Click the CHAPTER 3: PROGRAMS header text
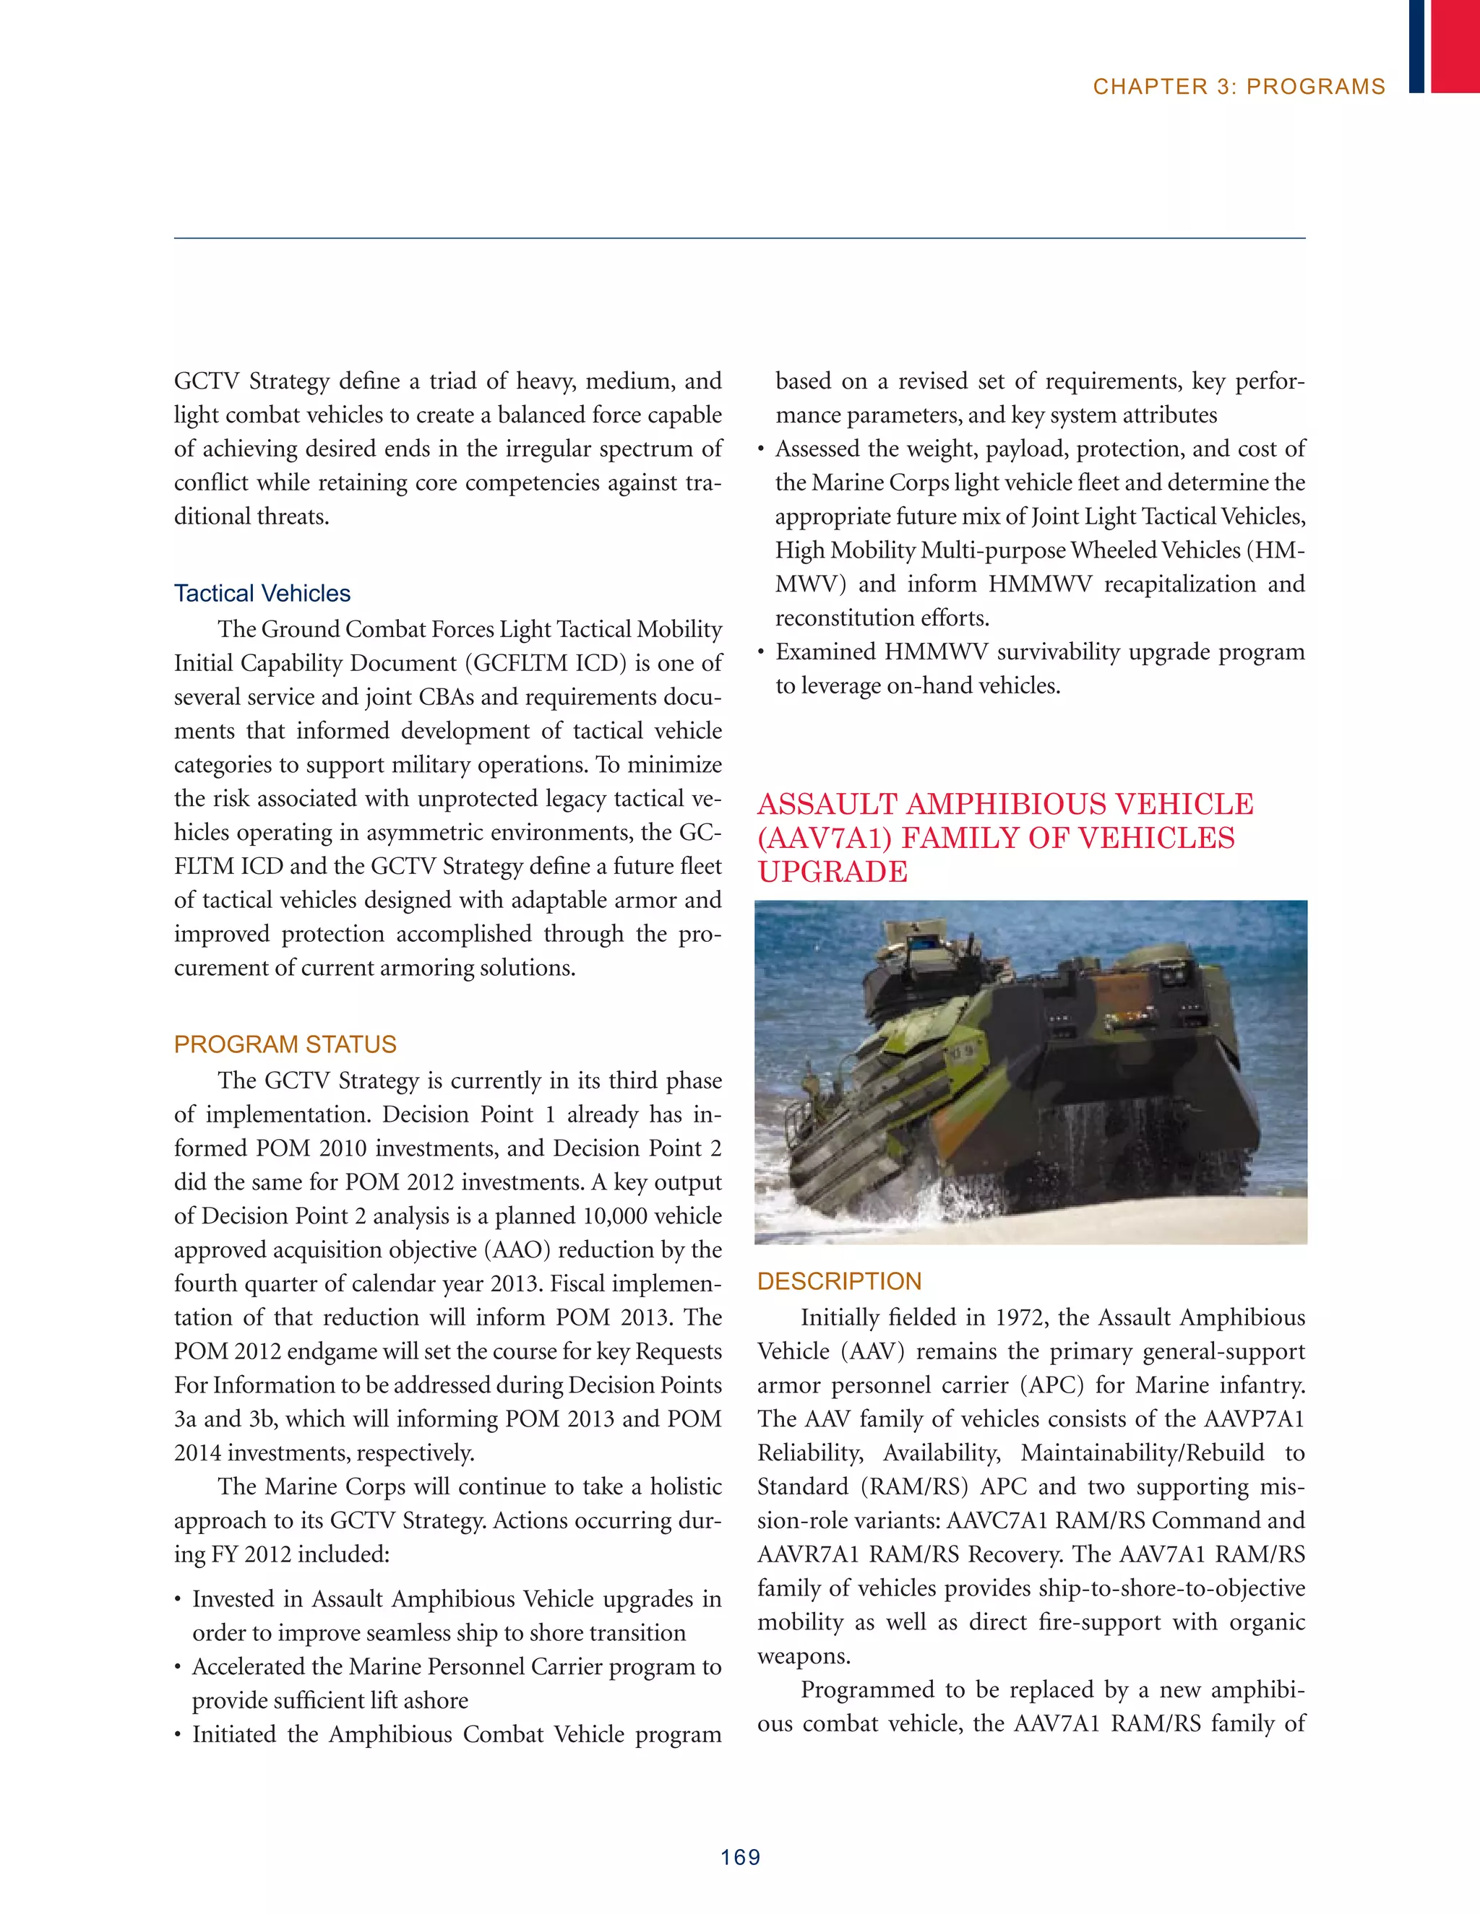click(x=1238, y=87)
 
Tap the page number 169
click(x=740, y=1857)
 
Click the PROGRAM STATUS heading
click(x=285, y=1044)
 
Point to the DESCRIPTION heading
click(x=839, y=1281)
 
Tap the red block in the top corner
click(x=1455, y=46)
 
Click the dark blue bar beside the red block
click(x=1416, y=46)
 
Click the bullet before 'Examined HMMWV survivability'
click(x=761, y=653)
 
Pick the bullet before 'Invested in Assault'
click(x=178, y=1601)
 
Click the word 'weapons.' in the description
click(x=792, y=1656)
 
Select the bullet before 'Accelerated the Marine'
click(x=178, y=1668)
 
